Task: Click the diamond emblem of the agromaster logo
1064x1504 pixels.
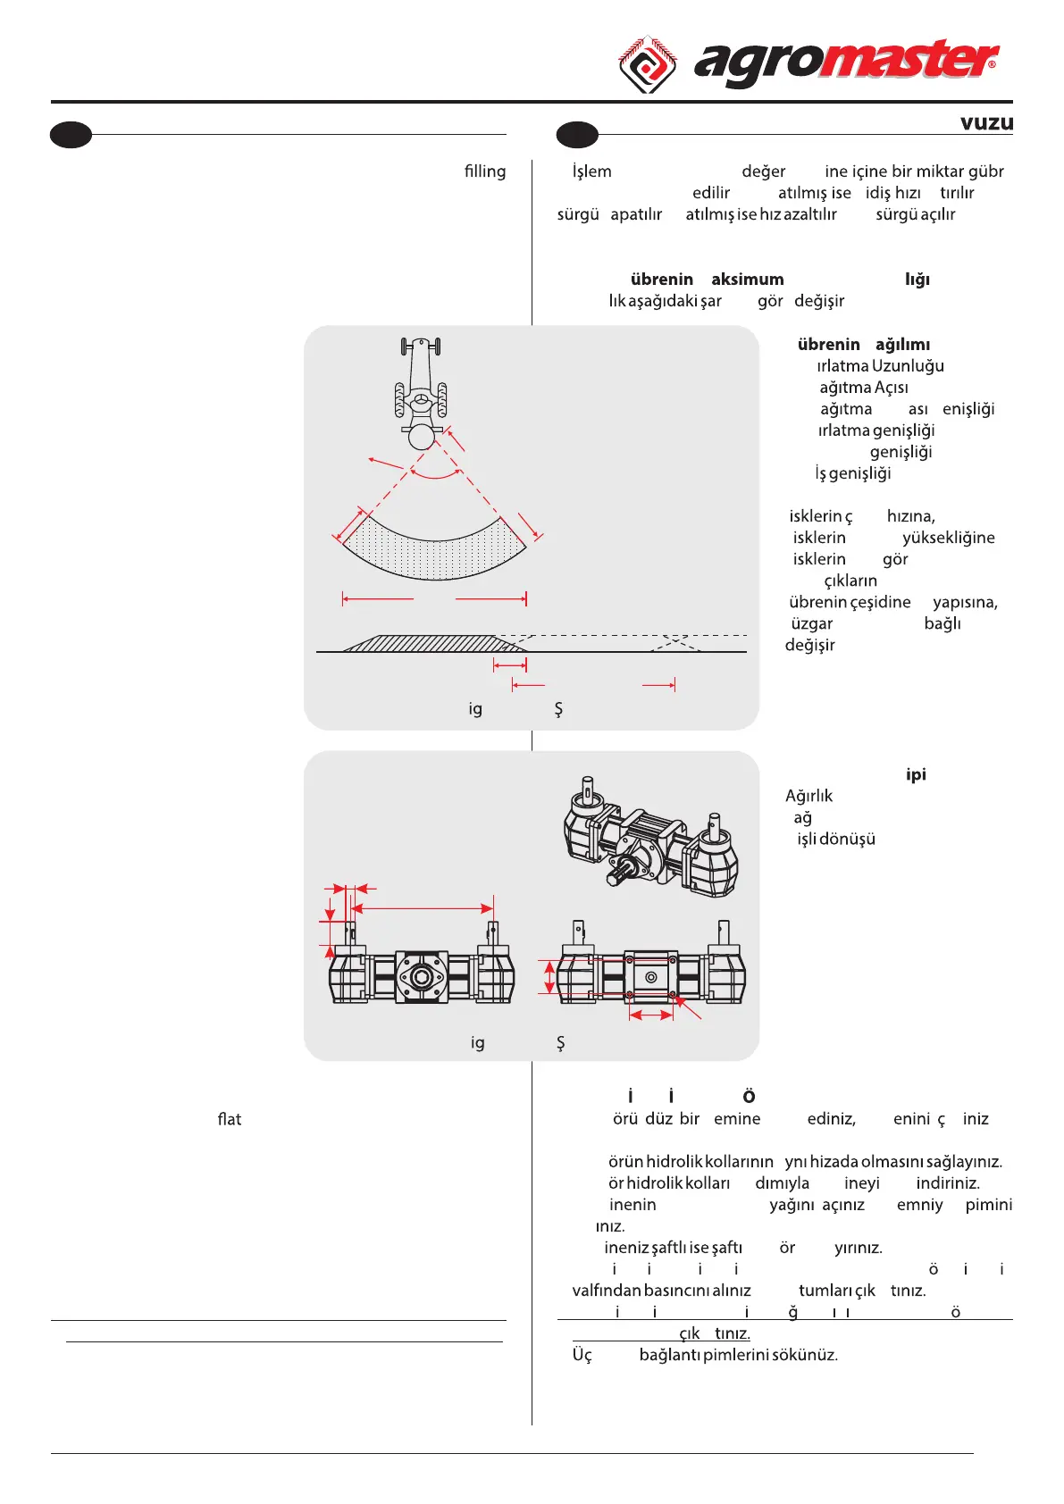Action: (648, 63)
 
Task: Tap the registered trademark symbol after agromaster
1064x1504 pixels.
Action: (992, 64)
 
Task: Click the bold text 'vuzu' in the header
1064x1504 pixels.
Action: (986, 123)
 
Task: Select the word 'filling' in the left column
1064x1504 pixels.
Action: (484, 171)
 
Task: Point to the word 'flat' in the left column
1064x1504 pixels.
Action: (230, 1119)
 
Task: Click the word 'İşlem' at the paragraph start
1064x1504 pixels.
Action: (591, 171)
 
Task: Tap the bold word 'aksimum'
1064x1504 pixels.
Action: (747, 280)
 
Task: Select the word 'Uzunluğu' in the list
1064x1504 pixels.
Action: (908, 366)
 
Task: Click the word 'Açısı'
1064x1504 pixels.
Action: (891, 388)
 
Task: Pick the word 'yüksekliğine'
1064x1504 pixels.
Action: (948, 538)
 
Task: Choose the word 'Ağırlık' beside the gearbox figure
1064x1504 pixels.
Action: (808, 796)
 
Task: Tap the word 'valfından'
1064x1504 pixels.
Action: (607, 1291)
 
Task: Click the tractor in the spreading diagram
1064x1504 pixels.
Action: (421, 393)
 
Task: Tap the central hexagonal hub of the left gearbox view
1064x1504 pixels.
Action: (421, 977)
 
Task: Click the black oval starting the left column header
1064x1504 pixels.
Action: (71, 135)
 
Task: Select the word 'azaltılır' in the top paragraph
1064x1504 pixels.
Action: (809, 214)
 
